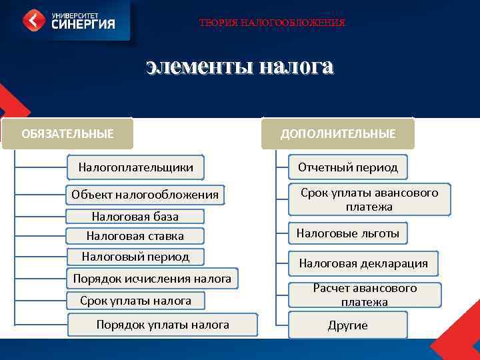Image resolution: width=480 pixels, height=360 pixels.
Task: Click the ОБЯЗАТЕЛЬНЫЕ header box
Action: [x=67, y=133]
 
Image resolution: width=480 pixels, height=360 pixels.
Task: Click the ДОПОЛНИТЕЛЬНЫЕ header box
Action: [x=338, y=134]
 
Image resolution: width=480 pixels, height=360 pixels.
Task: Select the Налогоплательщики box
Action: [x=136, y=167]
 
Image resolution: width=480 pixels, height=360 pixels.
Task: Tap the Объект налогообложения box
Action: [x=145, y=195]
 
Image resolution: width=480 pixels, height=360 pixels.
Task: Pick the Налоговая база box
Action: [x=135, y=216]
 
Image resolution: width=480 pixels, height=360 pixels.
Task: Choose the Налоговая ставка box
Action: [x=135, y=235]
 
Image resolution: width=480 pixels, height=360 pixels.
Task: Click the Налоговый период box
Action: [x=135, y=256]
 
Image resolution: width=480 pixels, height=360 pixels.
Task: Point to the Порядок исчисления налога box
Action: [x=152, y=279]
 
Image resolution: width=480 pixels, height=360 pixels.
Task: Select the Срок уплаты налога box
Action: [x=135, y=301]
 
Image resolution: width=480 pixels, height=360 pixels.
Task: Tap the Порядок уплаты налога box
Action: [x=163, y=325]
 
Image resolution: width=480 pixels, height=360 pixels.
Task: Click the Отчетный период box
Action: [x=348, y=167]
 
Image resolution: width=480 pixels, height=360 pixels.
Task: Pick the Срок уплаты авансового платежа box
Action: [x=369, y=199]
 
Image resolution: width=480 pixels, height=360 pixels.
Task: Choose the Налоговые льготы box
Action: [x=348, y=233]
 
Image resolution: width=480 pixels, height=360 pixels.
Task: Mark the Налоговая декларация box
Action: [x=363, y=263]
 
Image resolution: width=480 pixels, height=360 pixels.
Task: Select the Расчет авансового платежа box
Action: [x=365, y=295]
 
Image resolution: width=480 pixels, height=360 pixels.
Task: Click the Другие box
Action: [x=347, y=325]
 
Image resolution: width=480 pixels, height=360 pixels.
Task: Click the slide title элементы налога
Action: [x=239, y=67]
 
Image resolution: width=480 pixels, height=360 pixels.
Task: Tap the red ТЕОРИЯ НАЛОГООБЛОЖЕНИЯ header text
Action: [x=272, y=23]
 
